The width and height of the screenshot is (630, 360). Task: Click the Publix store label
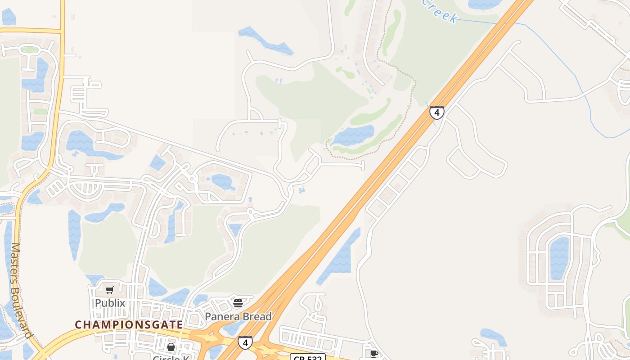click(x=110, y=303)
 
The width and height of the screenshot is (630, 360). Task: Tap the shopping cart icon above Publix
click(x=110, y=290)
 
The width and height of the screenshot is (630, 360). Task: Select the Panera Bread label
click(x=238, y=316)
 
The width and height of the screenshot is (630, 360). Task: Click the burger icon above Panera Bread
click(x=238, y=303)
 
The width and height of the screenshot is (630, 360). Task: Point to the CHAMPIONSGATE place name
click(x=129, y=324)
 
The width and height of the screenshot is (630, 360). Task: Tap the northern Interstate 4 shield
click(x=436, y=112)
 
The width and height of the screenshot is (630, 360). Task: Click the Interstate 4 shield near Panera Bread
click(x=245, y=342)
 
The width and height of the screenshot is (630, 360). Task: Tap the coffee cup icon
click(x=374, y=354)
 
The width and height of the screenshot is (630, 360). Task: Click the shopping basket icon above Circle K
click(x=171, y=347)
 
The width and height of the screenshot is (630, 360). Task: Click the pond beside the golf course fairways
click(x=353, y=135)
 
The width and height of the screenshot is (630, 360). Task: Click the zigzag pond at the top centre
click(x=265, y=40)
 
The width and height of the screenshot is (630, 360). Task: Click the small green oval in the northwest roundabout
click(x=30, y=50)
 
